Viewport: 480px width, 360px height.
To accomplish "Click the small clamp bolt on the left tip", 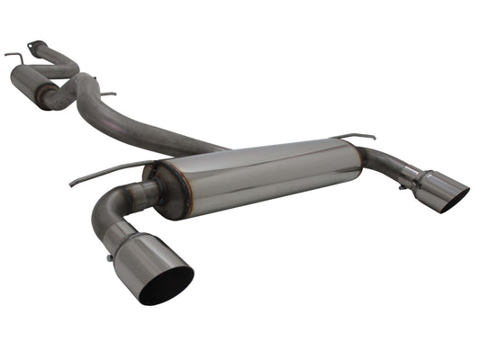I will point(110,258).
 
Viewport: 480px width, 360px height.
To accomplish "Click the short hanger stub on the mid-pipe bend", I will point(108,94).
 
